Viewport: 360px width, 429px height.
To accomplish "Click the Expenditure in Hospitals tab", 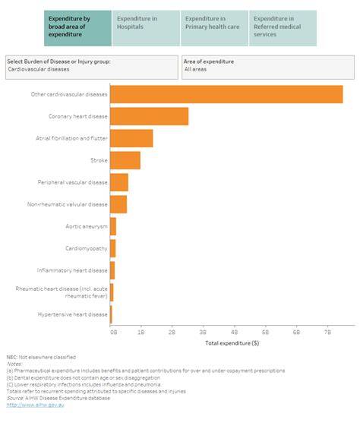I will (146, 28).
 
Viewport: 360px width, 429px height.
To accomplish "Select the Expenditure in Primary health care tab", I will (213, 28).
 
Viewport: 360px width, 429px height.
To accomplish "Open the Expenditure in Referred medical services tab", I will (283, 28).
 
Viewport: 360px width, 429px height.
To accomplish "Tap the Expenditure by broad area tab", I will (77, 28).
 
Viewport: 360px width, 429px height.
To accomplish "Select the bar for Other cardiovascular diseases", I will (226, 94).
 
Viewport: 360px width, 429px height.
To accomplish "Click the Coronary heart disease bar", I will (149, 116).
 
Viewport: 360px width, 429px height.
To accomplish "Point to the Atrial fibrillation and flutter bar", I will (131, 138).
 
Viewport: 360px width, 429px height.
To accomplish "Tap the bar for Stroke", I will (125, 160).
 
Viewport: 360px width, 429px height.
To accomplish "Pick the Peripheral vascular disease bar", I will (119, 182).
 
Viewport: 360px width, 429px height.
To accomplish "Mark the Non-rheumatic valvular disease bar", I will (118, 204).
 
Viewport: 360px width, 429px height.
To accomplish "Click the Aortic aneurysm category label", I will (87, 226).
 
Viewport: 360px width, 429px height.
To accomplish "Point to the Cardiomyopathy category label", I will (87, 248).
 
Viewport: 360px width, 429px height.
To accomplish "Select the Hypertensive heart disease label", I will (73, 314).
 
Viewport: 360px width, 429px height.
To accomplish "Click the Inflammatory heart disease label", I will (73, 270).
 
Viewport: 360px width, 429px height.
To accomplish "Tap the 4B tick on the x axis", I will (234, 333).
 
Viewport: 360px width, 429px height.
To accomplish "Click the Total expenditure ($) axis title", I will (232, 343).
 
